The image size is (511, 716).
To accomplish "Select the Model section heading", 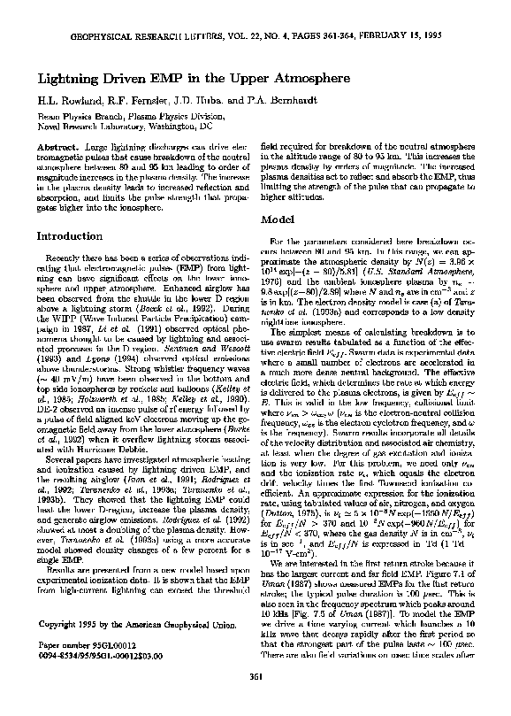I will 278,218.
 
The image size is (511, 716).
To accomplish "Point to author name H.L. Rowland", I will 65,101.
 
